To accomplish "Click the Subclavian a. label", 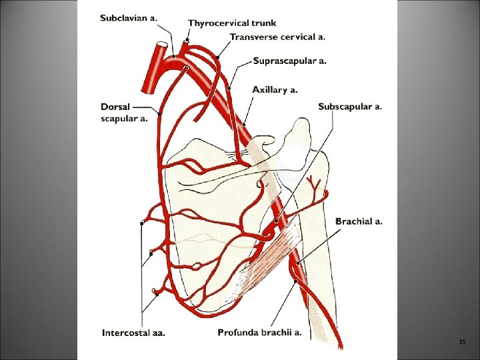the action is pos(129,18).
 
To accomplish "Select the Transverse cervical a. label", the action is pos(277,37).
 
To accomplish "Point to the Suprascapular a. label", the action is pos(290,61).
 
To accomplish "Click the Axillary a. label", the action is pos(275,89).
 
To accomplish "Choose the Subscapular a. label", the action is pos(350,107).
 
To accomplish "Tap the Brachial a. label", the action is pos(359,221).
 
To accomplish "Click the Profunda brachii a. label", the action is pos(259,332).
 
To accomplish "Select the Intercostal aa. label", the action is pos(133,332).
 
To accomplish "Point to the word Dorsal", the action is pos(115,107).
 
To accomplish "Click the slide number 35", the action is pos(462,342).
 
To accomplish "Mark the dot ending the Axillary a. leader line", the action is pos(245,124).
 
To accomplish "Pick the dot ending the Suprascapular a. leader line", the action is pos(229,87).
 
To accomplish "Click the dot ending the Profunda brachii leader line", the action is pos(294,282).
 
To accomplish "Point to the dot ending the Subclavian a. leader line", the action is pos(173,56).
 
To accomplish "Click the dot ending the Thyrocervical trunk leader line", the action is pos(187,41).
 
